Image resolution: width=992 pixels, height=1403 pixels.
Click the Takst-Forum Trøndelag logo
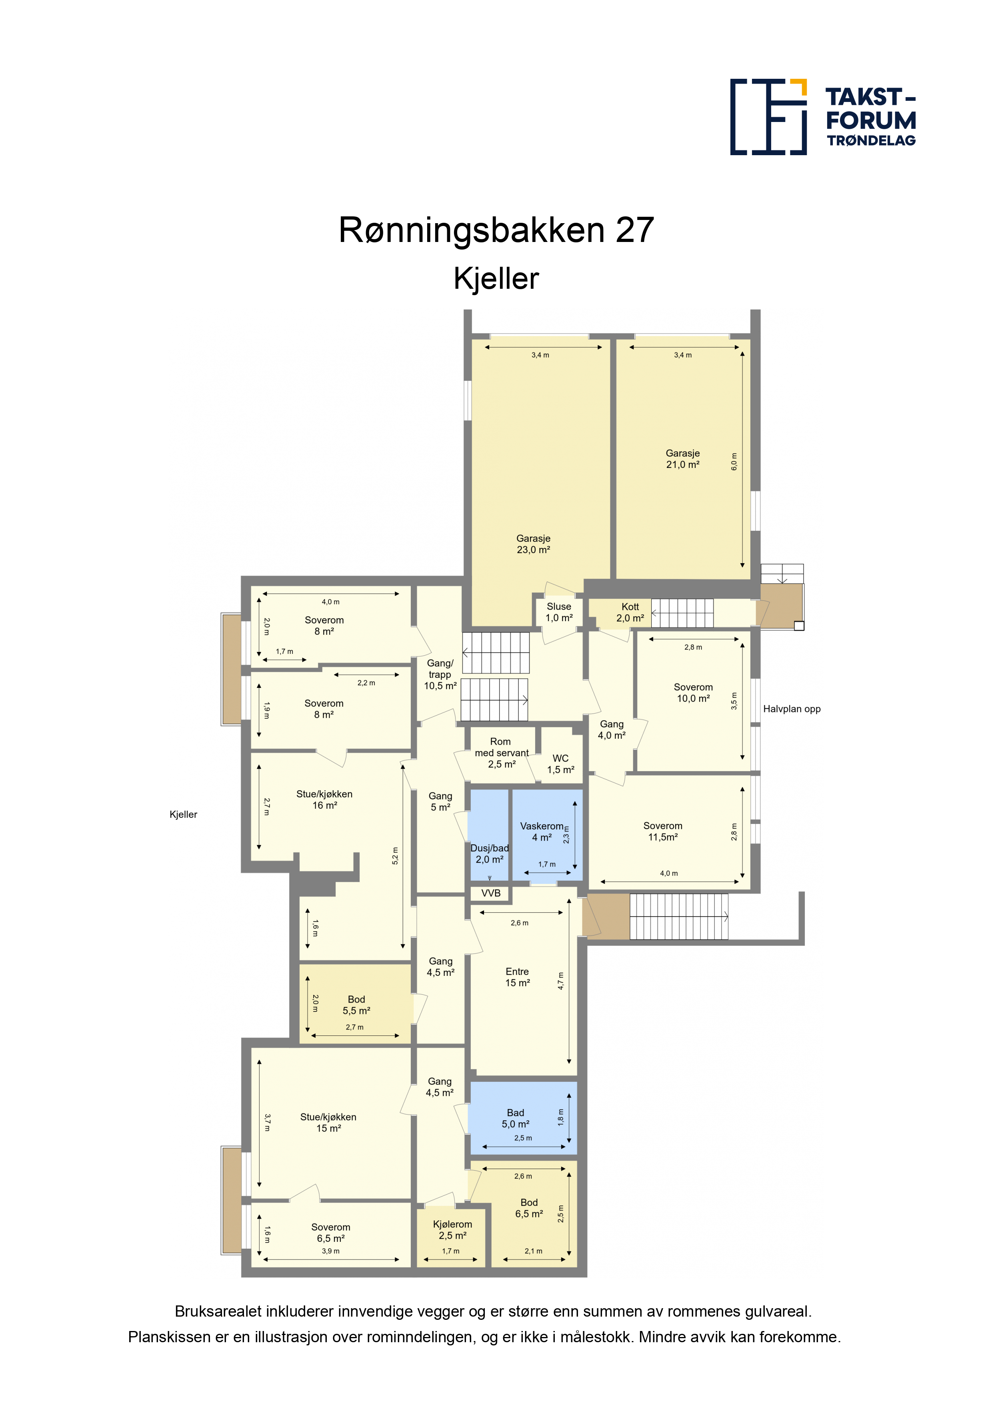tap(823, 117)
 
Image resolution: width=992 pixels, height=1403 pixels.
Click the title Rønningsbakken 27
tap(496, 230)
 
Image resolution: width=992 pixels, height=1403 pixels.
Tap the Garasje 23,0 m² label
tap(534, 544)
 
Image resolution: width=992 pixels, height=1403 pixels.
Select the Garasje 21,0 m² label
tap(683, 459)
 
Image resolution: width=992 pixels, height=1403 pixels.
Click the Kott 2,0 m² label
tap(630, 612)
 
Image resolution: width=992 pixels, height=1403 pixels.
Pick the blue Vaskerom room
tap(547, 834)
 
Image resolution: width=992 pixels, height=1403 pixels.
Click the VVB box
tap(491, 893)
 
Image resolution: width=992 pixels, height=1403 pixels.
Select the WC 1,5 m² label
tap(560, 764)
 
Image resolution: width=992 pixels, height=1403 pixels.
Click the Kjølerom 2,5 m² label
tap(452, 1230)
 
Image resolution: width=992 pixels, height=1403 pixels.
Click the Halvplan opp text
tap(792, 709)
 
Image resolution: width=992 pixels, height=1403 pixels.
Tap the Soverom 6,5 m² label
tap(331, 1233)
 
